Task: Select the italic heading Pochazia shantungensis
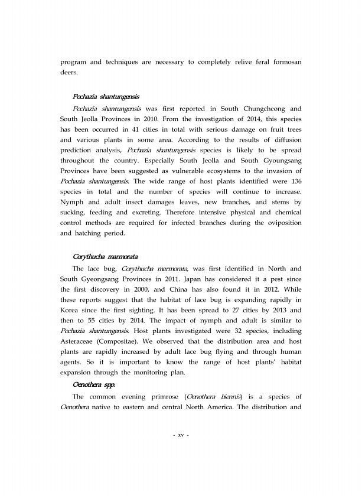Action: click(106, 96)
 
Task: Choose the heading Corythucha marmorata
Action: click(105, 257)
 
